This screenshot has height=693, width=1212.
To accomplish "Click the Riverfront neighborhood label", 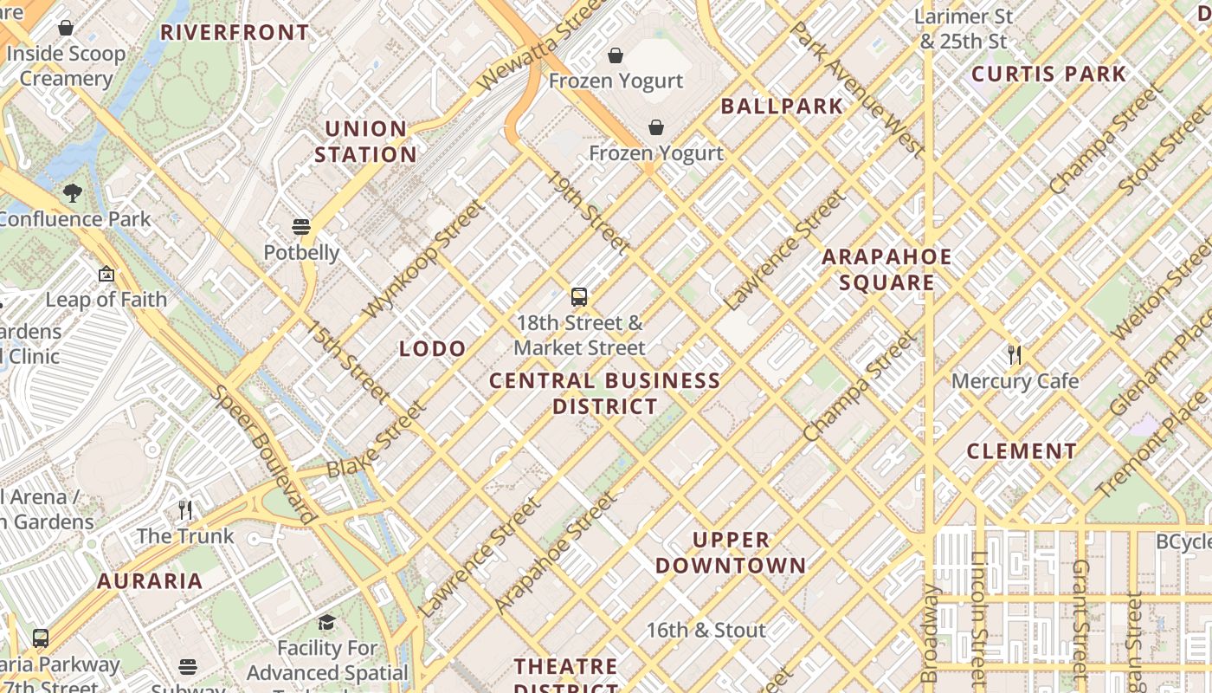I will point(235,33).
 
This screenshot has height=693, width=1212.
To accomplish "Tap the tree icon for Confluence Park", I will point(73,193).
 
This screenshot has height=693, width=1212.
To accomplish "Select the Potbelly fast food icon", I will point(301,227).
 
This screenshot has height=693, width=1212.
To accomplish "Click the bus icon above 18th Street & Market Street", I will point(579,297).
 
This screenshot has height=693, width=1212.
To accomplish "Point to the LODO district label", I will point(433,349).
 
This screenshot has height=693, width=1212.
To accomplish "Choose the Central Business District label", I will point(605,393).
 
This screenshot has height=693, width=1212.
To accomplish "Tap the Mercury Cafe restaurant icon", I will point(1015,355).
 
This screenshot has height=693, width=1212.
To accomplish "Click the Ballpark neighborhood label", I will point(782,107).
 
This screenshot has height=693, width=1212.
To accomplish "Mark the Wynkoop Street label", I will point(423,258).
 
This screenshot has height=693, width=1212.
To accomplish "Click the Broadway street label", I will point(930,632).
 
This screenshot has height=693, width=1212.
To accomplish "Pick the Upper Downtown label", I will point(731,553).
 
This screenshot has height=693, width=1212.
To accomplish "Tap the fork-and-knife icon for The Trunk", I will point(185,509).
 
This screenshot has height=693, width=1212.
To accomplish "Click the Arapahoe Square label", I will point(886,269).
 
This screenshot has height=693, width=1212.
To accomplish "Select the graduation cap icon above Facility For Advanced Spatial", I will point(326,622).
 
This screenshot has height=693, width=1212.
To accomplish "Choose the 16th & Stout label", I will point(706,630).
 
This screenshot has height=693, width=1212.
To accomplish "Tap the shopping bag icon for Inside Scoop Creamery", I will point(66,28).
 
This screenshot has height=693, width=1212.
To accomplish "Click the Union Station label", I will point(365,142).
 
